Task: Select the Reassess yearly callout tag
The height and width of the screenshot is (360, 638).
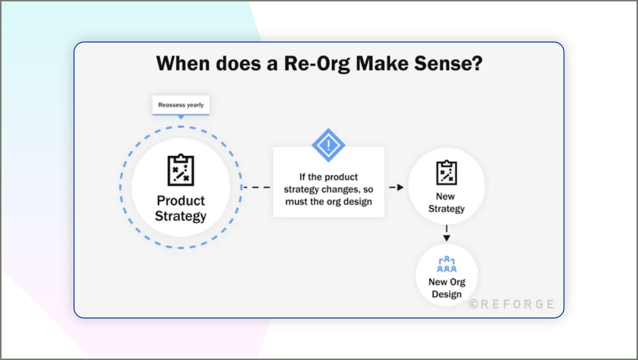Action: (181, 105)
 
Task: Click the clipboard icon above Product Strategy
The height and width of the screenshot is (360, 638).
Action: (181, 170)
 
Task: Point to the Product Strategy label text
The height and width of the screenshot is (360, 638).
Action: (181, 208)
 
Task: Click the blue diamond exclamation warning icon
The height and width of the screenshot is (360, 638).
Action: (328, 145)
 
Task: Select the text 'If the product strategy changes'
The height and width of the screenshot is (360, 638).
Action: (328, 183)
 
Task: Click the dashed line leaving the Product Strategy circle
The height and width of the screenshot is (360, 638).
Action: (257, 187)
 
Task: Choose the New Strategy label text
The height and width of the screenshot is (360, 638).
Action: (446, 203)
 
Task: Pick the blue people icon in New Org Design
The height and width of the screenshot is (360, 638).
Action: (446, 265)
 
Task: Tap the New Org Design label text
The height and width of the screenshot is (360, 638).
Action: (446, 288)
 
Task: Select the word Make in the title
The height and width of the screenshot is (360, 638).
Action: (381, 64)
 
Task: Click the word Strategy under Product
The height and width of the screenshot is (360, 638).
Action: (181, 216)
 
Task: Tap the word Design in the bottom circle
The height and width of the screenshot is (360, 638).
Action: (446, 294)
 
